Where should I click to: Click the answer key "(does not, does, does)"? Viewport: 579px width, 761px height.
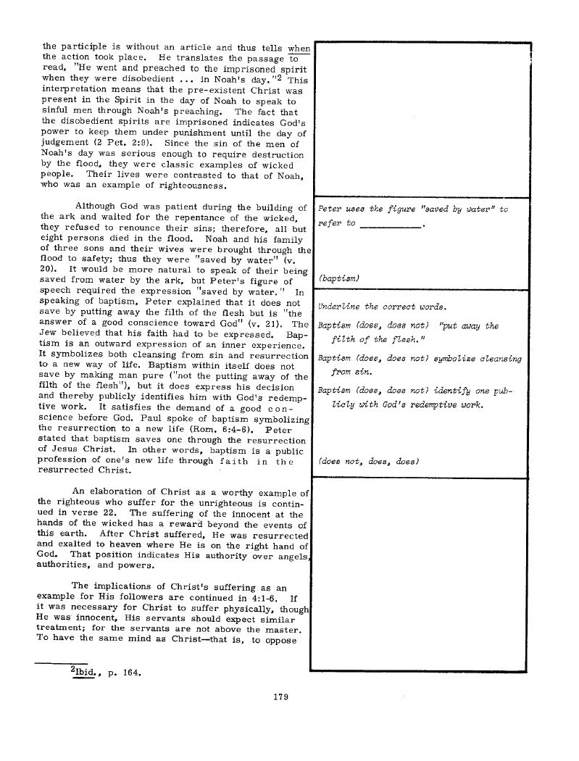pos(369,461)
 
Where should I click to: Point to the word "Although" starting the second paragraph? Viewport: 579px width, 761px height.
pos(100,208)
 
